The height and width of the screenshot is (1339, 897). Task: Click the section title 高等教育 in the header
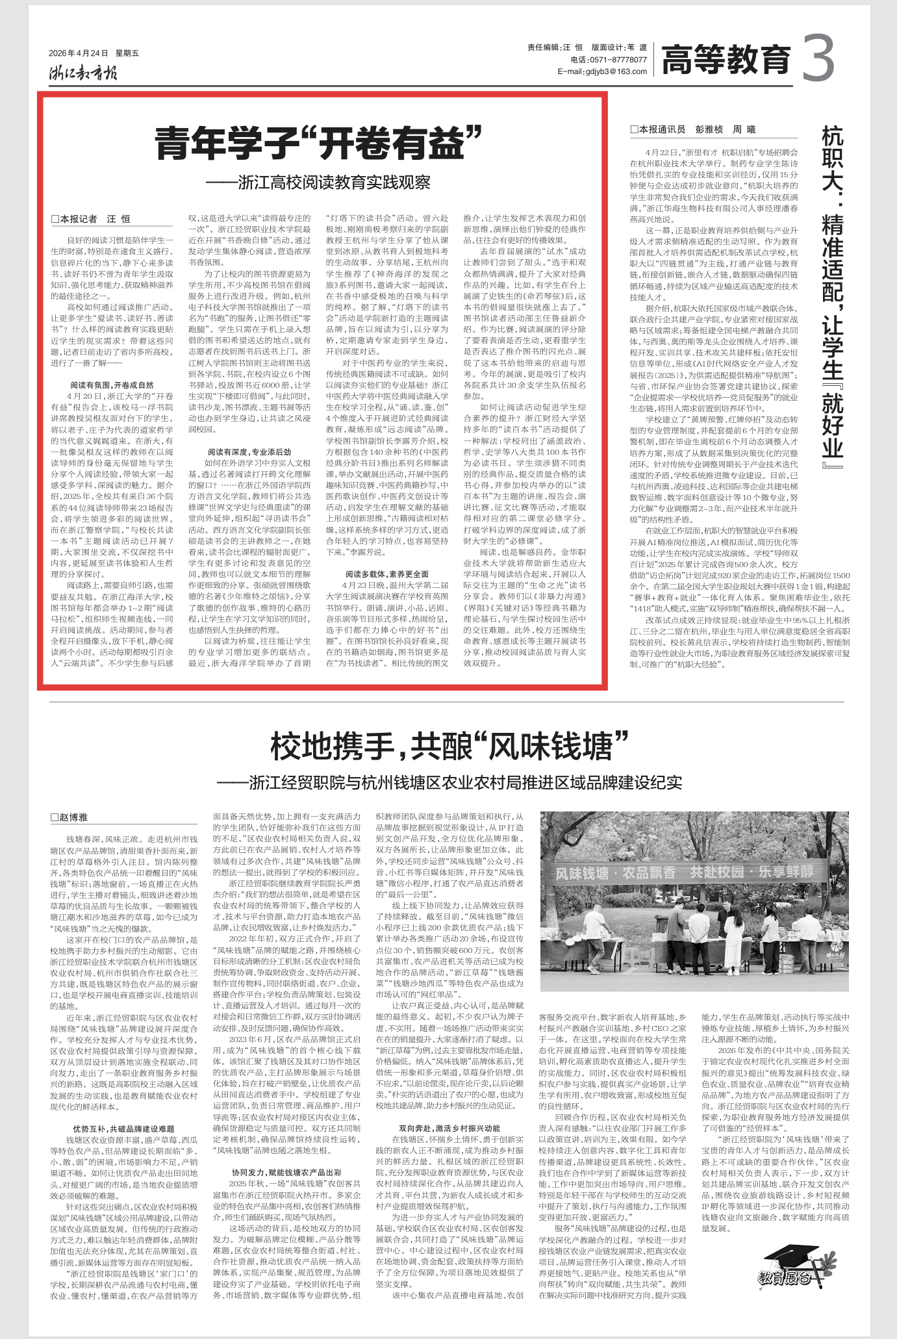tap(726, 60)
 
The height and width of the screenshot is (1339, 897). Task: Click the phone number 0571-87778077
tap(617, 59)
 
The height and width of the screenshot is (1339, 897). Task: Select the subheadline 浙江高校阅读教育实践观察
tap(318, 183)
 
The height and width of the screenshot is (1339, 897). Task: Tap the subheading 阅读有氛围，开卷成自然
tap(112, 385)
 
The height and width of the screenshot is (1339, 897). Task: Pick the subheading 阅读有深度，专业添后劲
tap(249, 452)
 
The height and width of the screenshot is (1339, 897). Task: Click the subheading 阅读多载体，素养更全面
tap(386, 574)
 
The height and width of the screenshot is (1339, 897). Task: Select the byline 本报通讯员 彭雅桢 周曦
tap(692, 129)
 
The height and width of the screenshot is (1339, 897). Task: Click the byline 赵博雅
tap(69, 817)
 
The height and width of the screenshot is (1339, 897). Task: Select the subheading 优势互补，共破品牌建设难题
tap(123, 1129)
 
